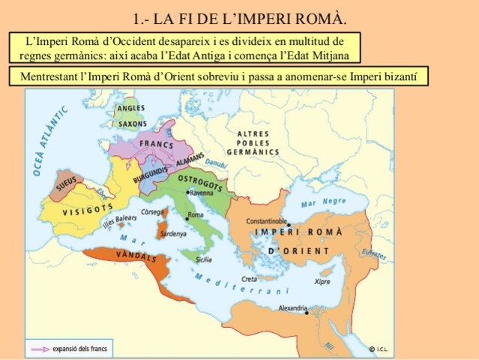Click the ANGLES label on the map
pyautogui.click(x=131, y=108)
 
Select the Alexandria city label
pyautogui.click(x=292, y=307)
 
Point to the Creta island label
pyautogui.click(x=270, y=278)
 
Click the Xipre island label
pyautogui.click(x=322, y=283)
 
